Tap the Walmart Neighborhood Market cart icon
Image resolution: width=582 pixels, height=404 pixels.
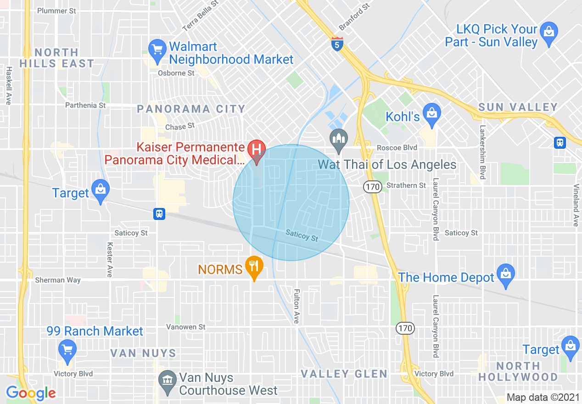click(157, 49)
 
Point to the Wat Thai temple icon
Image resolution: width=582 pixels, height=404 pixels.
click(339, 139)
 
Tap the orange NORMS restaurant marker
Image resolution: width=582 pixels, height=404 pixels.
click(253, 266)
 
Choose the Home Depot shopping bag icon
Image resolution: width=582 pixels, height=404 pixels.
click(505, 274)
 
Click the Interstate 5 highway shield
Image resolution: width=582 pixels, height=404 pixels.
click(337, 44)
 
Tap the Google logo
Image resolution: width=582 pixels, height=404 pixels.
click(31, 393)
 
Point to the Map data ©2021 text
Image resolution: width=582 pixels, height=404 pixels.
click(542, 397)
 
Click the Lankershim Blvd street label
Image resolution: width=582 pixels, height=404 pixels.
click(483, 152)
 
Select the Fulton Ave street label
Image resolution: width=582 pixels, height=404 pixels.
click(297, 306)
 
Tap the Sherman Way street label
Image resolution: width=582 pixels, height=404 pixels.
click(58, 280)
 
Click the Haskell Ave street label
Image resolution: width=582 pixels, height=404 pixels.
click(9, 85)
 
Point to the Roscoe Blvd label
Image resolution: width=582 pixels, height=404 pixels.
click(397, 148)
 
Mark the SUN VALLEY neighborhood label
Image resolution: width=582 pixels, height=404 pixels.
click(518, 107)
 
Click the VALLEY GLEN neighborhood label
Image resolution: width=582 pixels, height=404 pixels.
click(344, 374)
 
